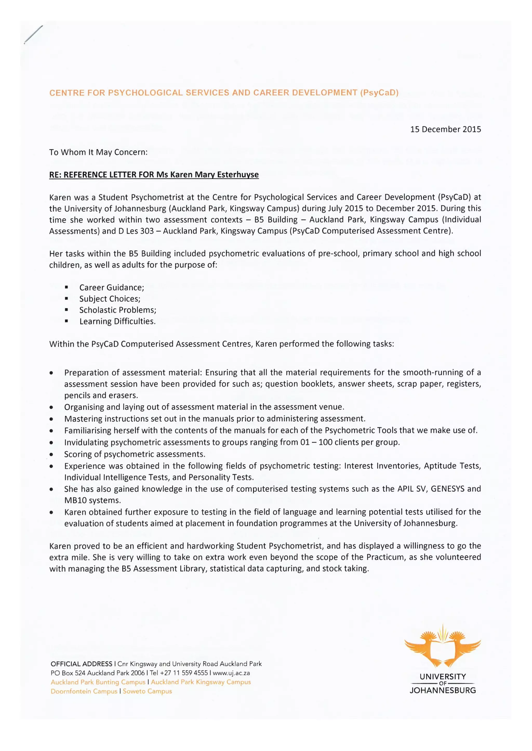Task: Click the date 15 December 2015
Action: click(x=445, y=129)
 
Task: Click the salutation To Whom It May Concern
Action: click(x=98, y=152)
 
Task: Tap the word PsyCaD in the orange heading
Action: click(x=379, y=93)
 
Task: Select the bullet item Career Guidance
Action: click(x=111, y=288)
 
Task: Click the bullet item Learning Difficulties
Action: click(x=117, y=321)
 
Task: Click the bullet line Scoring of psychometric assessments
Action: click(x=135, y=454)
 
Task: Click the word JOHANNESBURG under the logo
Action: click(x=443, y=690)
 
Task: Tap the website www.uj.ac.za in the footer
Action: click(x=231, y=673)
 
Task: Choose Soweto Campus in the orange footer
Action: click(x=147, y=691)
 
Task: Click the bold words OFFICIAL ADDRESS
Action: click(x=81, y=664)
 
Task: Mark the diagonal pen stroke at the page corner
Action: click(x=34, y=34)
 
